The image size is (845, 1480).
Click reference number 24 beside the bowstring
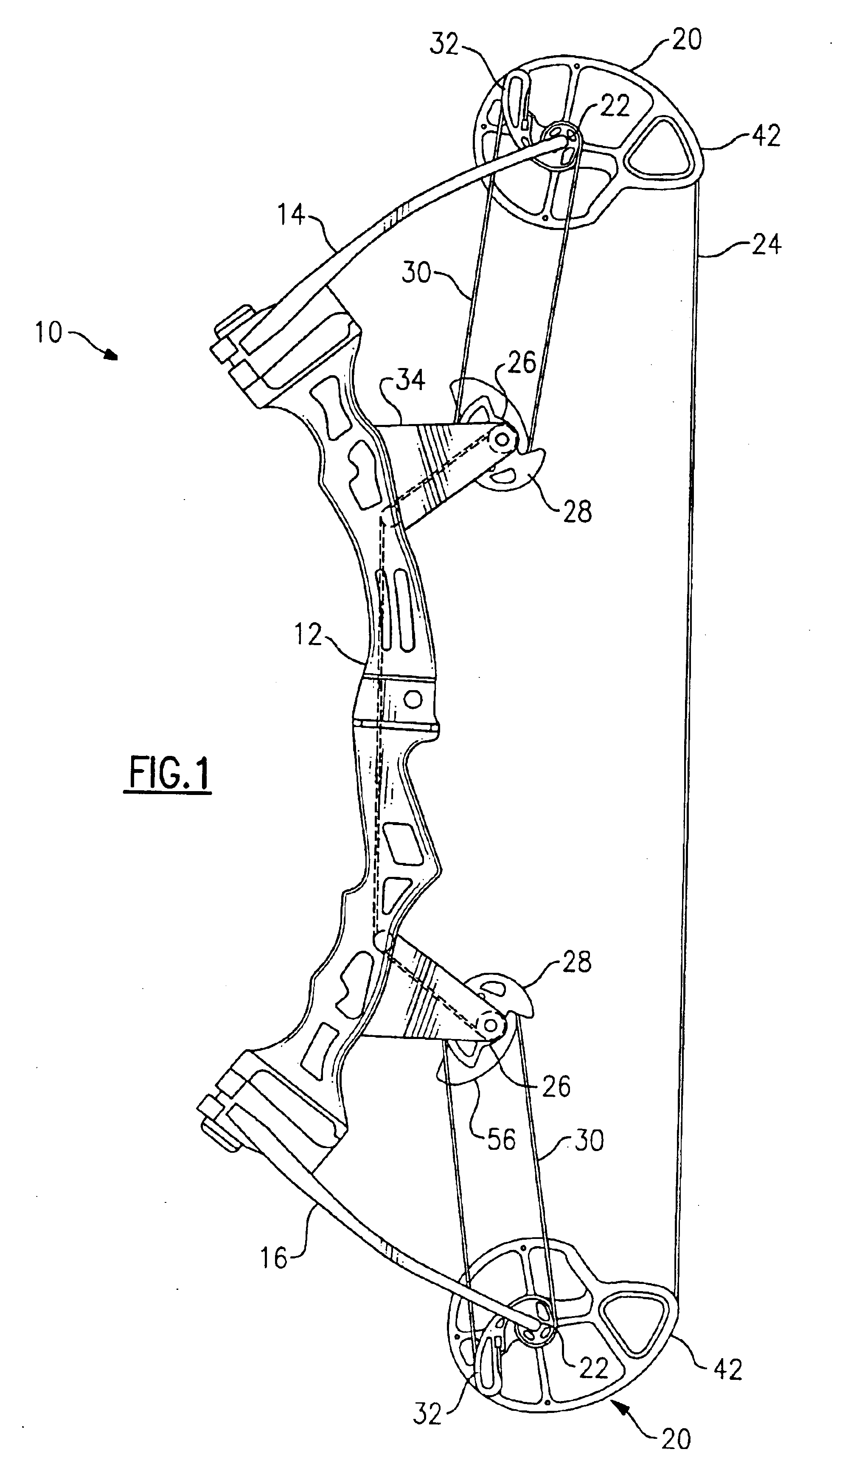(x=766, y=244)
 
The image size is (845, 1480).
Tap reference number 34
(x=411, y=381)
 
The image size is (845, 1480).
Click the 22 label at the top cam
(x=615, y=106)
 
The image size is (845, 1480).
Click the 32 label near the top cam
(x=444, y=45)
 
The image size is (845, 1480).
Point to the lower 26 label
(x=556, y=1085)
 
